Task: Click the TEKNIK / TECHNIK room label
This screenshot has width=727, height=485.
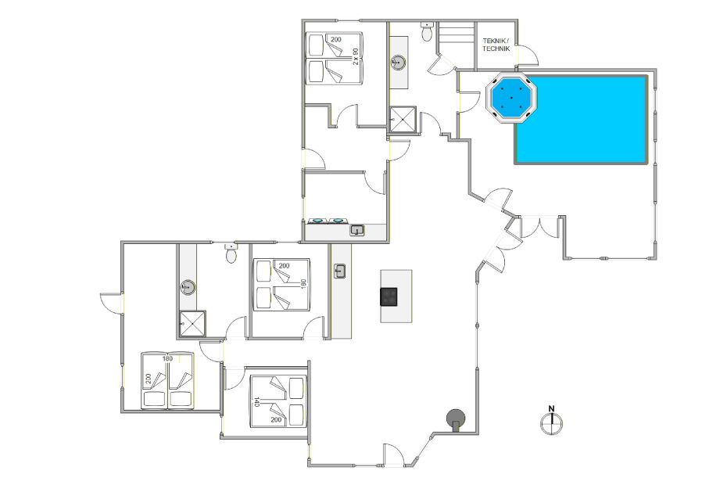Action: click(x=496, y=45)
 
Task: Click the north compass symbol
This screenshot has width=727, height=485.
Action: click(x=552, y=423)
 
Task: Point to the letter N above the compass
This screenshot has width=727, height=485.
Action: click(x=552, y=408)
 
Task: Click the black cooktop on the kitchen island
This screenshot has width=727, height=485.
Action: click(x=389, y=296)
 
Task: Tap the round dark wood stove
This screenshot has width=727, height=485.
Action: click(x=456, y=419)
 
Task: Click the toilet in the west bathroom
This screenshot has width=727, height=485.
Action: click(x=231, y=253)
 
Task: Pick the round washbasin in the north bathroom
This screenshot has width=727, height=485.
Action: click(x=398, y=63)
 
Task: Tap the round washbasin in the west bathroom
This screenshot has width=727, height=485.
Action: click(x=188, y=287)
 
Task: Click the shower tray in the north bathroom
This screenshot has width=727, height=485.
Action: click(x=402, y=119)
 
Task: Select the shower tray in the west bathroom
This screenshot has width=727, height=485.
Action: click(x=192, y=323)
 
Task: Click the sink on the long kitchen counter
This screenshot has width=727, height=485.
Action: click(x=340, y=271)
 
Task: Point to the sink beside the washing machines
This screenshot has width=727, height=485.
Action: click(x=356, y=230)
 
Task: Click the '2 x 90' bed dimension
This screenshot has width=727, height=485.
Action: click(x=356, y=56)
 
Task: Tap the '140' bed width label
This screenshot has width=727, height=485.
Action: click(x=256, y=401)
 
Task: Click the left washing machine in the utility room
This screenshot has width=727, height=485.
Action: click(x=317, y=221)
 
